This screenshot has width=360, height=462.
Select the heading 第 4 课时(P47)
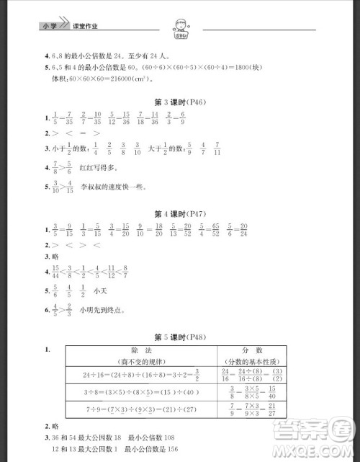point(181,215)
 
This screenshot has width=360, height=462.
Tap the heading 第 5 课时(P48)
point(181,337)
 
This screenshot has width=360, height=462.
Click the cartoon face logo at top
point(181,27)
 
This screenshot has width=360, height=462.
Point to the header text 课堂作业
point(85,26)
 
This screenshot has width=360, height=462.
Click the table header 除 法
point(142,351)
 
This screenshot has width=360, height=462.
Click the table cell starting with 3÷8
point(142,393)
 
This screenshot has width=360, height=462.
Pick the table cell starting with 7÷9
point(142,412)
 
